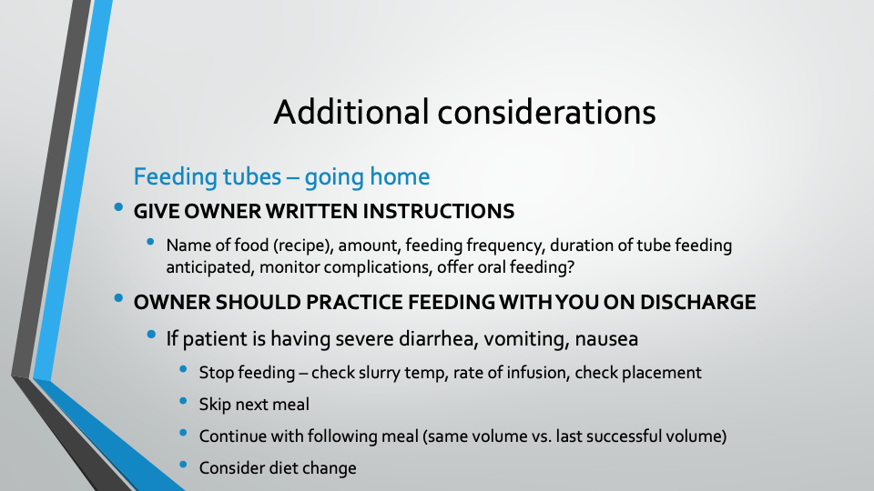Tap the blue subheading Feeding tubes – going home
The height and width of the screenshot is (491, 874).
(x=281, y=177)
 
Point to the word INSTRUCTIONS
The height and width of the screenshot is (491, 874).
(x=438, y=212)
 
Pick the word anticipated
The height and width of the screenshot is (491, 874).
(x=210, y=267)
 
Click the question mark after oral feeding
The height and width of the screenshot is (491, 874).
(x=570, y=267)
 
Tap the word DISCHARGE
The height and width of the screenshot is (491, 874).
(x=698, y=302)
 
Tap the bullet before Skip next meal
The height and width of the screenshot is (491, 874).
(x=183, y=401)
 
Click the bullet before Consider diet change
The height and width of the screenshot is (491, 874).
(x=183, y=465)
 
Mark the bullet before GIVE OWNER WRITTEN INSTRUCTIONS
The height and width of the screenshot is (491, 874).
(x=118, y=207)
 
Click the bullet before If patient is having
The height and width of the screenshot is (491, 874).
(x=151, y=334)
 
